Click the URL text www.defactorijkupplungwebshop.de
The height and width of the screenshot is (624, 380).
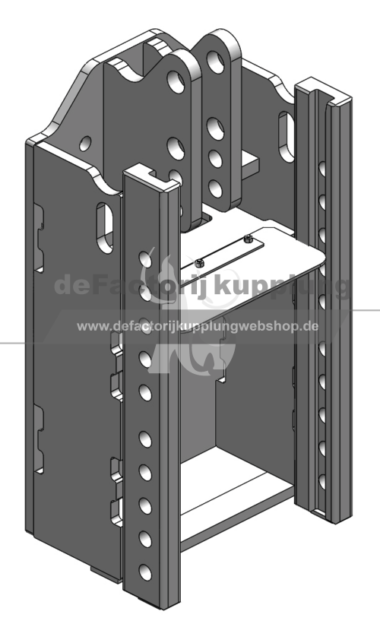pos(198,326)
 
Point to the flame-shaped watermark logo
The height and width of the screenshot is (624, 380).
pos(187,315)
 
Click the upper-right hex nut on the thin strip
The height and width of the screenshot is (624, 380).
pos(248,239)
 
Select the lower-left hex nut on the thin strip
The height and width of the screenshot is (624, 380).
pos(199,262)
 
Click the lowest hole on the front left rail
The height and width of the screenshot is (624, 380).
pos(145,572)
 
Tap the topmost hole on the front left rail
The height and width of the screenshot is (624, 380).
pos(145,259)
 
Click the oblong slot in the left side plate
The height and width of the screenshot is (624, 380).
pos(105,227)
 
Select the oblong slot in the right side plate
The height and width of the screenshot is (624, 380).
pos(286,137)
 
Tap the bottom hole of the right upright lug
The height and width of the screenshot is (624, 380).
pos(215,188)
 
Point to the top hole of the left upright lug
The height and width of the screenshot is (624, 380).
pos(176,81)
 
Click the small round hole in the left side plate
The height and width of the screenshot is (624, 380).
pos(85,144)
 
